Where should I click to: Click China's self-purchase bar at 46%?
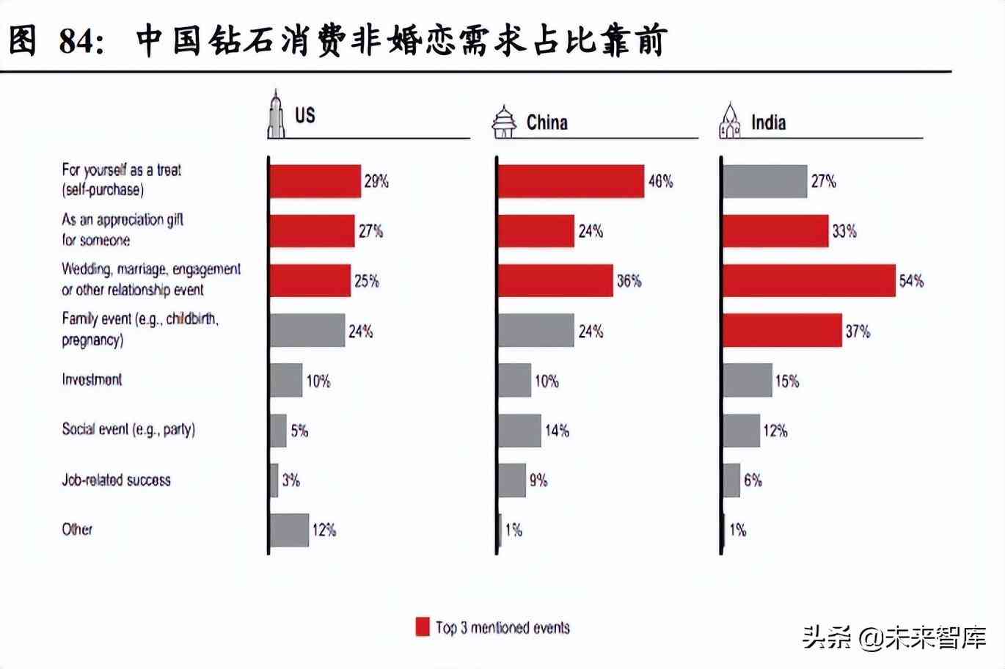pos(571,181)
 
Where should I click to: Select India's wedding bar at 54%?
pos(808,281)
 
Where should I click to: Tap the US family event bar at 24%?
pos(307,331)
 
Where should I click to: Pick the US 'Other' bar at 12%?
pos(290,530)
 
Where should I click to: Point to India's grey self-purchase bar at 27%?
pos(764,181)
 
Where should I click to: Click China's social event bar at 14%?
pos(519,431)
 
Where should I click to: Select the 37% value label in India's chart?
pos(858,332)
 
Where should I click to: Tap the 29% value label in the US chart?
pos(376,181)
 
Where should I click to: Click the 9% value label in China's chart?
pos(538,480)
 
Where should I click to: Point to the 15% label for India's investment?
pos(787,381)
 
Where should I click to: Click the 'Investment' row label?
pos(92,380)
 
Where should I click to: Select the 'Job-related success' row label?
pos(116,480)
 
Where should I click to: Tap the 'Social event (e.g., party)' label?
pos(128,429)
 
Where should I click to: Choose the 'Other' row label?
pos(77,529)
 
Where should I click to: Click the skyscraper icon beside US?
pos(276,114)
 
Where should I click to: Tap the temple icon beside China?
pos(504,122)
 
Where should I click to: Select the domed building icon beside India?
pos(730,121)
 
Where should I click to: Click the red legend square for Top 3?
pos(423,627)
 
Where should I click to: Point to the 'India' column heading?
pos(768,122)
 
